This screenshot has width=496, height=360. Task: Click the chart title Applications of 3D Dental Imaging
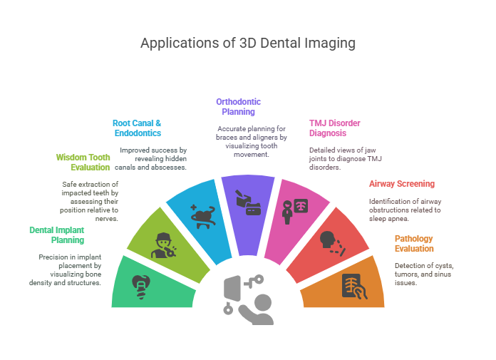pos(248,43)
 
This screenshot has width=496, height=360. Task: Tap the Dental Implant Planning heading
pos(57,235)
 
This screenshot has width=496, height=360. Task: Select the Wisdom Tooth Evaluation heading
pos(83,163)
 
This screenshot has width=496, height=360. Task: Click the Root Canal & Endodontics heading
pos(137,128)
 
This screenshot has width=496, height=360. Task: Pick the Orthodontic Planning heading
pos(239,107)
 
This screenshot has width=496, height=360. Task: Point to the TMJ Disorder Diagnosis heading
pos(335,128)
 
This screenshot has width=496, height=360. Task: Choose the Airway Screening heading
pos(402,184)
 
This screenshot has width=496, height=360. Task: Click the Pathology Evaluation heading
pos(414,244)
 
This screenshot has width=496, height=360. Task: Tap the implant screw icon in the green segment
pos(141,287)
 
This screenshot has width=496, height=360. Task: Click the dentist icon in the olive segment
pos(163,245)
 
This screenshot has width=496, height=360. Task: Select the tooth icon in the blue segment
pos(203,217)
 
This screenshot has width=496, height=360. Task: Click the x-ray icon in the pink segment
pos(295,211)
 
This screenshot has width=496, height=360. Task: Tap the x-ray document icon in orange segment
pos(355,287)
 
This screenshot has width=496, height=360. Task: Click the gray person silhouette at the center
pos(257,309)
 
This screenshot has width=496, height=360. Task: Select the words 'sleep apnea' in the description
pos(388,219)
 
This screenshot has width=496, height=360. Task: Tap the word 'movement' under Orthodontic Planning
pos(251,155)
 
